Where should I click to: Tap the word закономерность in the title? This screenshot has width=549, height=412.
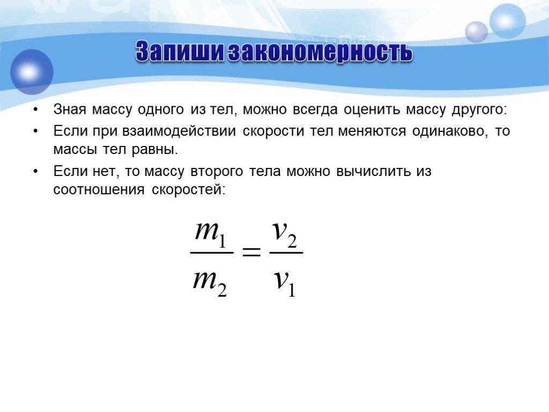pyautogui.click(x=320, y=52)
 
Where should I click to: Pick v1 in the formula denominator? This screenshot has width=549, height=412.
pyautogui.click(x=285, y=283)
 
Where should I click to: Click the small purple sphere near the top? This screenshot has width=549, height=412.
pyautogui.click(x=476, y=32)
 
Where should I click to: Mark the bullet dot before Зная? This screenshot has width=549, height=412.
pyautogui.click(x=36, y=111)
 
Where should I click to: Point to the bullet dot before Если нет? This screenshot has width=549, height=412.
pyautogui.click(x=36, y=172)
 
